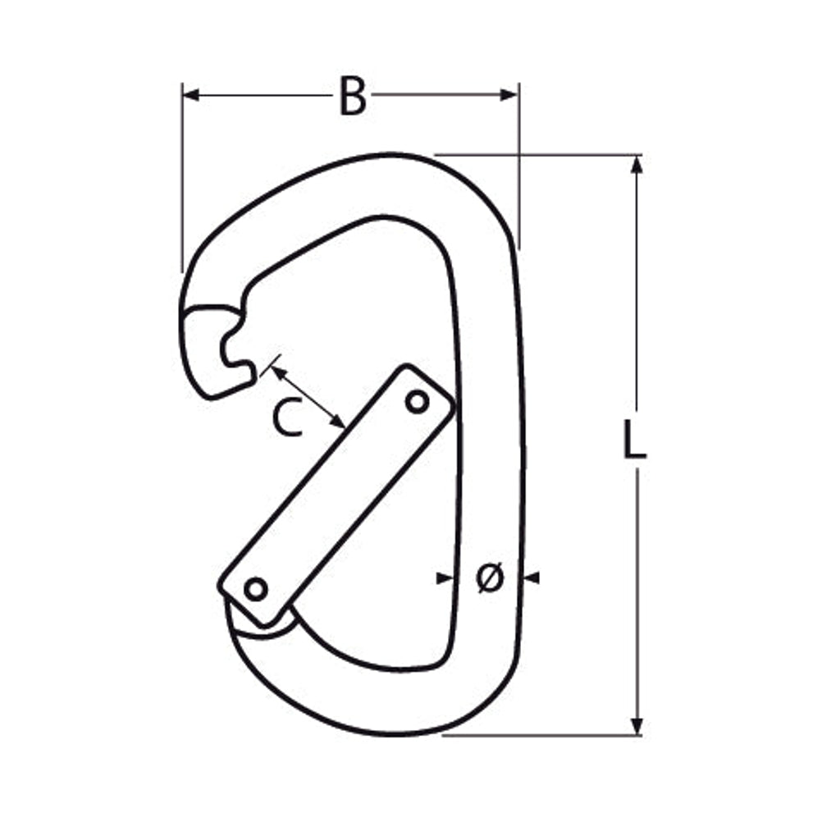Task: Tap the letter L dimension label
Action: point(634,440)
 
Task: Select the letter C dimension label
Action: point(288,417)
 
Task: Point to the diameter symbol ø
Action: point(490,578)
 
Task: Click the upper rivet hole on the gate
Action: point(418,402)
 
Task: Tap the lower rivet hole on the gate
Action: point(256,590)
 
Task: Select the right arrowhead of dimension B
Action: point(509,95)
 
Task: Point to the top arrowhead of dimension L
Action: point(637,165)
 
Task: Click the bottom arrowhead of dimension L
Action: point(637,725)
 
